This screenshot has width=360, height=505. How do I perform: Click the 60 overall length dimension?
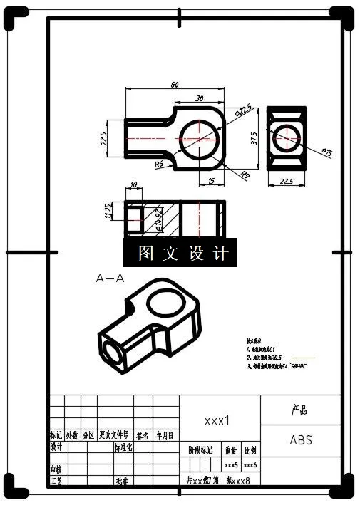(174, 85)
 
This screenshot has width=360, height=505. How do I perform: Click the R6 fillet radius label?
(160, 165)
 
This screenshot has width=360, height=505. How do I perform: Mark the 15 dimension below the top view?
(211, 181)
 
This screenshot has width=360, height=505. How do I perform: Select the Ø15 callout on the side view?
(327, 152)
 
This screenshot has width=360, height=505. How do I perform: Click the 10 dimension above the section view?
(134, 185)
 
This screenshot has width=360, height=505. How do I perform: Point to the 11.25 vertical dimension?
(109, 212)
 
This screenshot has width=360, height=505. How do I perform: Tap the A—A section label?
(110, 278)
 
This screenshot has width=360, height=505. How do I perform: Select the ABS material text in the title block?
(300, 439)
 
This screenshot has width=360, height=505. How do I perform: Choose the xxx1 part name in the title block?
(217, 420)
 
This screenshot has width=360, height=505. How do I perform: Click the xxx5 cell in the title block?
(231, 464)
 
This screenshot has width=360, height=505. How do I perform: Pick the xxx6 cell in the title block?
(250, 464)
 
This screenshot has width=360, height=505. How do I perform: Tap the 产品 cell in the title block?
(300, 410)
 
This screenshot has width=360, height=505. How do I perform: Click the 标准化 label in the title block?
(123, 448)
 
